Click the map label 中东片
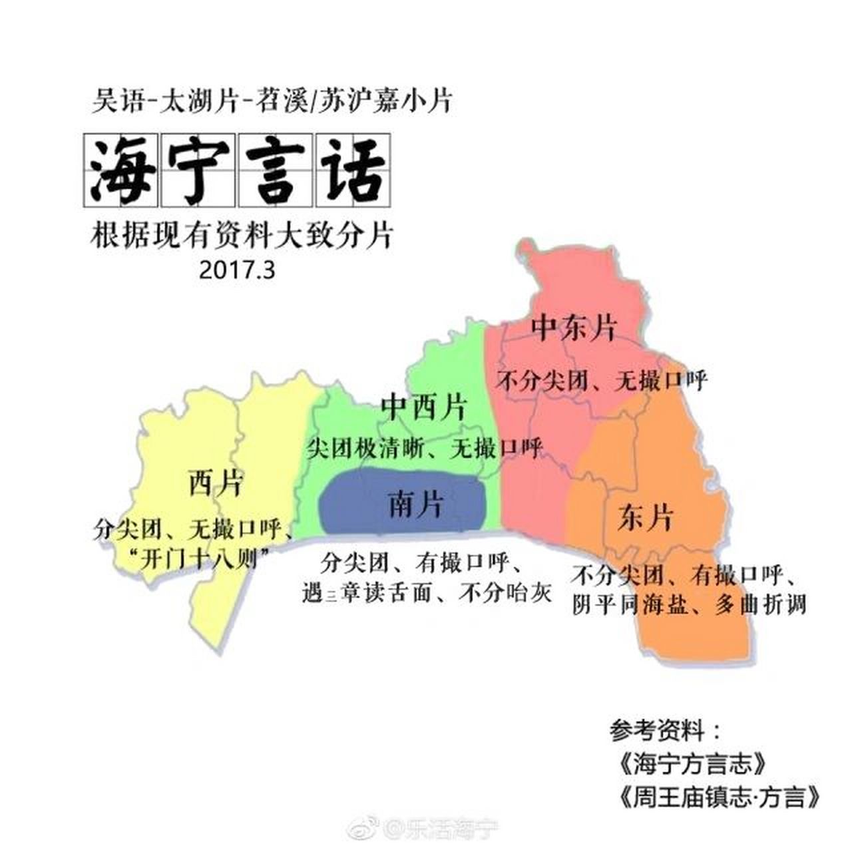click(x=574, y=328)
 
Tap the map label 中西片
click(x=423, y=407)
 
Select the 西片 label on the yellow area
click(x=215, y=483)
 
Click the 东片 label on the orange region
click(x=645, y=518)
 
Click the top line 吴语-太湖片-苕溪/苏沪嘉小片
click(x=272, y=102)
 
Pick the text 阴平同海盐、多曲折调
click(x=690, y=605)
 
